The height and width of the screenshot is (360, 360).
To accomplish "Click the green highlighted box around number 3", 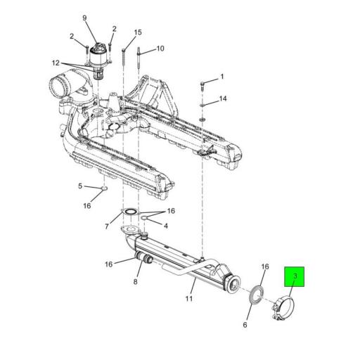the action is point(295,276).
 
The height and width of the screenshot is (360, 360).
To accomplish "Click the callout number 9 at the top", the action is point(84,18).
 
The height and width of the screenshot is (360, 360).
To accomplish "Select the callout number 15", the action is point(138,32).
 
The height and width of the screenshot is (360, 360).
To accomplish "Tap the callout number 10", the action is point(160,49).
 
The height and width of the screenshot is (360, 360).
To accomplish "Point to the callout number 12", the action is point(56,63).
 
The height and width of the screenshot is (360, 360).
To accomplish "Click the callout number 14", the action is point(223,98).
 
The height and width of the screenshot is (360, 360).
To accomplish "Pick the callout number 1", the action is point(221,77).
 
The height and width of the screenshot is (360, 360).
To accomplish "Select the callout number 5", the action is point(80,186).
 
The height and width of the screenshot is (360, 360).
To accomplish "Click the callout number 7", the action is point(107,226).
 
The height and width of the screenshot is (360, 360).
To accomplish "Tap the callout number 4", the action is point(166,226).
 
